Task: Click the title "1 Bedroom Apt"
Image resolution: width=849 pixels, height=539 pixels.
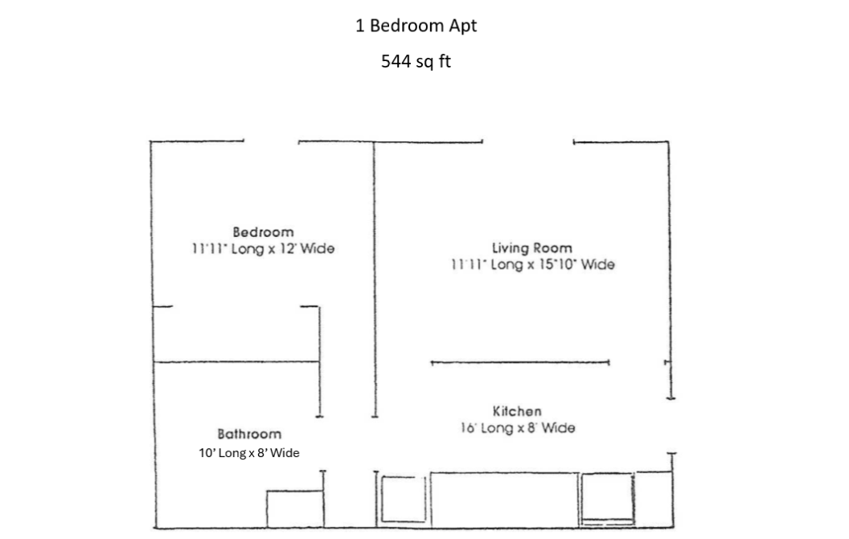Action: click(416, 26)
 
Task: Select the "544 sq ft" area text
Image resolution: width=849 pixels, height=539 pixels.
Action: click(416, 61)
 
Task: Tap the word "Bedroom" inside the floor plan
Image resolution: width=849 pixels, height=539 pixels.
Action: click(263, 232)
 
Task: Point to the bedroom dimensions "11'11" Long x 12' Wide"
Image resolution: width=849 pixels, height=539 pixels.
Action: click(263, 248)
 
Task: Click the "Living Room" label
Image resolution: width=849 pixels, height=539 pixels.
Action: click(531, 248)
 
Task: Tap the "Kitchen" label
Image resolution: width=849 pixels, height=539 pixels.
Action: click(517, 411)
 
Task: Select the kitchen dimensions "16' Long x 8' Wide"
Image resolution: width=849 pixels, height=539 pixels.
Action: click(518, 428)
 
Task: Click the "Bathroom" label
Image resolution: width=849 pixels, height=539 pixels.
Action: click(249, 434)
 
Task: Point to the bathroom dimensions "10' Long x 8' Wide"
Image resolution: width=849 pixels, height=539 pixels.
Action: click(249, 453)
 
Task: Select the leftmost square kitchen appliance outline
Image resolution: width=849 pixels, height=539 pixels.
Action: click(404, 499)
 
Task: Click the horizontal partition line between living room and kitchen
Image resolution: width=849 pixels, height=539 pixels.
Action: click(520, 362)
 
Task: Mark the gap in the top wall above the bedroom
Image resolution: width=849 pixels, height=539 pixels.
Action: click(271, 142)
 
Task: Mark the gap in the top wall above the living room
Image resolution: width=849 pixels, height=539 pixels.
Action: click(528, 142)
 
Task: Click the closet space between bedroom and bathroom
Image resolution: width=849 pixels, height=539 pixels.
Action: click(236, 334)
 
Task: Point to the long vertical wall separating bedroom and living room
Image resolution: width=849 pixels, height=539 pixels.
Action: click(374, 280)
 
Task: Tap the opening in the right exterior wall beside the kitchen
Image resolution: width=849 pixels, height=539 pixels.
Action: click(671, 426)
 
